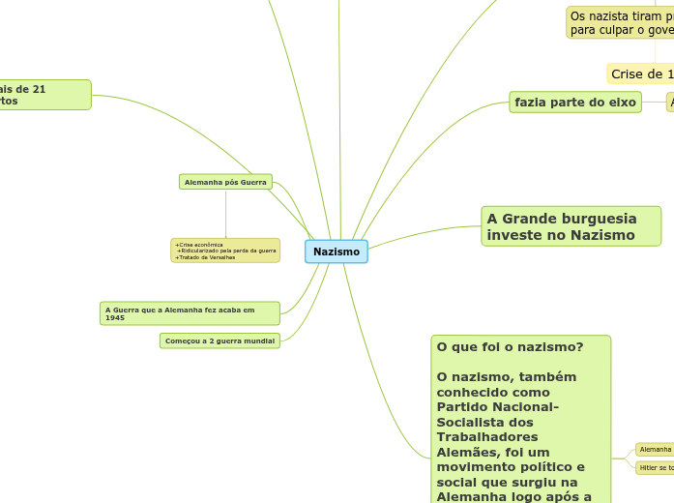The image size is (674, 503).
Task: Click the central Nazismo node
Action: point(337,251)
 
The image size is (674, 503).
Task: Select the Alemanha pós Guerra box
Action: point(225,182)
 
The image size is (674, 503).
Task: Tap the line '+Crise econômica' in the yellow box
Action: point(199,245)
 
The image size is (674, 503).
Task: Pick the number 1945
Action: point(115,317)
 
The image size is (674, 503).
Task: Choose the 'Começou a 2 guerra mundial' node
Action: point(220,340)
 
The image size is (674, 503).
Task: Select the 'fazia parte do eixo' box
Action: point(575,102)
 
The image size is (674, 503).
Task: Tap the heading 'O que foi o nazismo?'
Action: point(509,346)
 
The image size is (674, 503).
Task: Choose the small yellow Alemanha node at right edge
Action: point(656,449)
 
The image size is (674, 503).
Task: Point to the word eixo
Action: point(621,102)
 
